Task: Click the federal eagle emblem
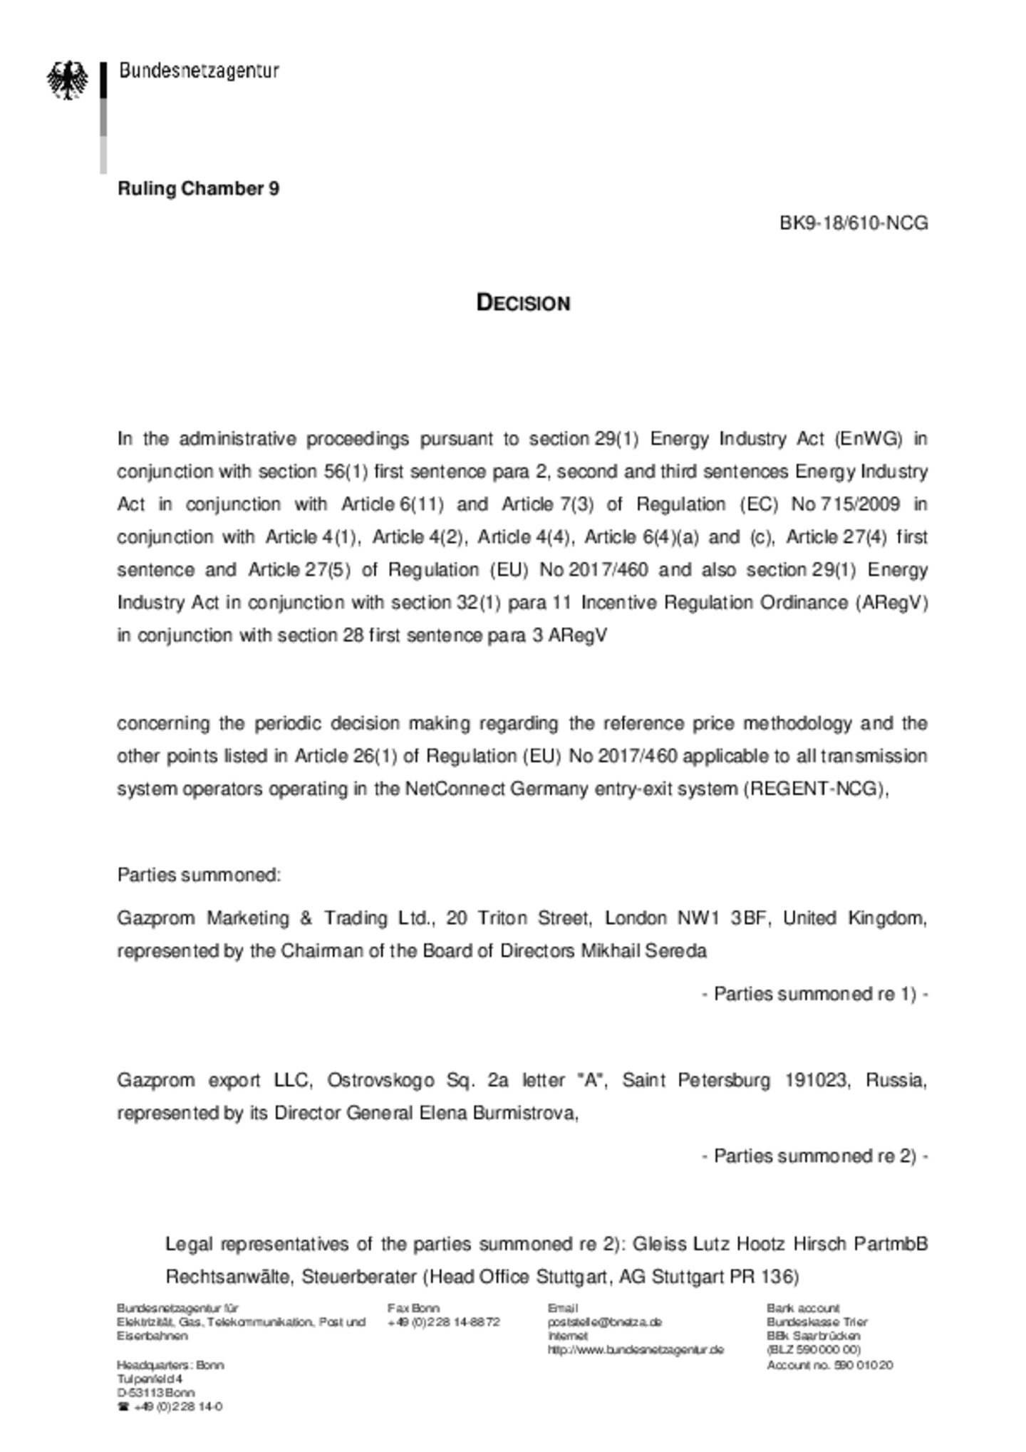tap(68, 80)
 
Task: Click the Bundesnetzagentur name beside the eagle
tap(199, 71)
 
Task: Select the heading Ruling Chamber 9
tap(198, 189)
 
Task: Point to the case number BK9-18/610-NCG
tap(853, 223)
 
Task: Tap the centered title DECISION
tap(523, 303)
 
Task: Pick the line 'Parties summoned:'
tap(199, 875)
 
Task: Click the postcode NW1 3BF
tap(722, 918)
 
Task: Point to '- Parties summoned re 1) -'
tap(814, 994)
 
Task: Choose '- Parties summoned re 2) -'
tap(814, 1156)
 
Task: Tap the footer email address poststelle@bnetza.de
tap(604, 1322)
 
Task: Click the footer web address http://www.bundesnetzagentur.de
tap(636, 1349)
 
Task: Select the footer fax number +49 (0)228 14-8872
tap(443, 1322)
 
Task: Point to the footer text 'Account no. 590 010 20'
tap(829, 1365)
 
